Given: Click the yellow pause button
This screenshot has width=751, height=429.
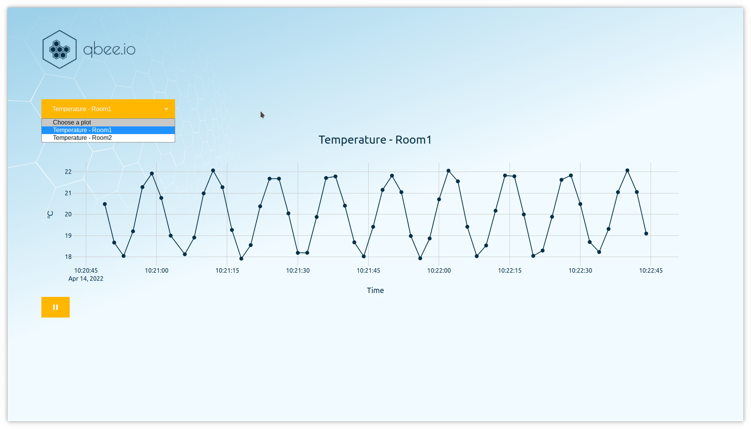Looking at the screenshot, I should click(x=56, y=307).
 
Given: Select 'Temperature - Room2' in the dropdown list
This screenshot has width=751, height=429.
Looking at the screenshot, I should click(x=82, y=138).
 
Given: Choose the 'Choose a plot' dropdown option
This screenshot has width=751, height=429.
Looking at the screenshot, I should click(x=72, y=123).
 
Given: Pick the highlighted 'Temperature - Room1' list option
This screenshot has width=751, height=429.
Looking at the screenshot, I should click(x=82, y=130).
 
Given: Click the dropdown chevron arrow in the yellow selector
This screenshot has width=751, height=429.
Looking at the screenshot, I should click(x=166, y=109).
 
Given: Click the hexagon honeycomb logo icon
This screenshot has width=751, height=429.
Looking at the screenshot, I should click(x=60, y=49).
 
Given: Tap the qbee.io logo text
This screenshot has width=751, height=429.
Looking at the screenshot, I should click(x=109, y=50).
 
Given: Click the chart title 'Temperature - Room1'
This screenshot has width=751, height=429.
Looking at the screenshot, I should click(x=375, y=140).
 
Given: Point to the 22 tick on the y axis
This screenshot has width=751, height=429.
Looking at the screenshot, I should click(x=68, y=172).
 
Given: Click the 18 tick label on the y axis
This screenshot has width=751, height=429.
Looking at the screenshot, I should click(x=68, y=257).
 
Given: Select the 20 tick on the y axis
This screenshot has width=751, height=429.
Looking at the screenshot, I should click(x=68, y=214).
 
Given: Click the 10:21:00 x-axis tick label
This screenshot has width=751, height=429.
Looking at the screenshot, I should click(x=156, y=270).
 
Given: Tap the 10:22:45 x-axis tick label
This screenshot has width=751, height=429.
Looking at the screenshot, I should click(x=651, y=270).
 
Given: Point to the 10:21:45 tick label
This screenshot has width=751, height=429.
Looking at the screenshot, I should click(x=368, y=270).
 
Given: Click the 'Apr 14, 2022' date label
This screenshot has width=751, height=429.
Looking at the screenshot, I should click(x=86, y=279).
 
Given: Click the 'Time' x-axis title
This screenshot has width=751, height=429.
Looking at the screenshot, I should click(x=375, y=290).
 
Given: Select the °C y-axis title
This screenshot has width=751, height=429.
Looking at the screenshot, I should click(x=50, y=215).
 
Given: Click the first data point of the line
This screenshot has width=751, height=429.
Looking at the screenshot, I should click(x=105, y=204).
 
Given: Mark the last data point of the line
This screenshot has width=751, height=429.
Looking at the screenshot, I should click(x=646, y=233).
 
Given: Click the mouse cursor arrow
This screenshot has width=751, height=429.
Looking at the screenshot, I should click(x=262, y=115).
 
